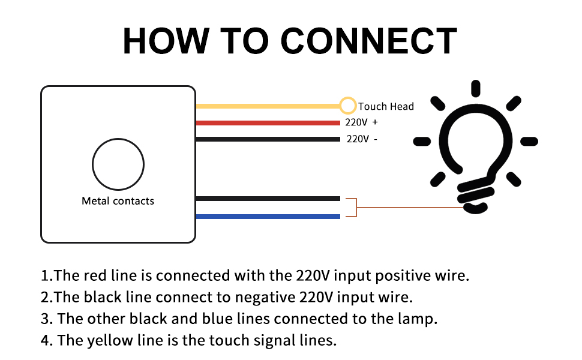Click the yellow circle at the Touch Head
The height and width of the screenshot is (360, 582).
pos(347,106)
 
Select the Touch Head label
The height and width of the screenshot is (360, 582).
pos(386,107)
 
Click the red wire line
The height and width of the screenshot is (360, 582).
pos(268,122)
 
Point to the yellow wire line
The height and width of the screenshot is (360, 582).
pos(268,106)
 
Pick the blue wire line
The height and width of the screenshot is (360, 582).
pos(268,217)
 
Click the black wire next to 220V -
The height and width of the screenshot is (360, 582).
pos(268,139)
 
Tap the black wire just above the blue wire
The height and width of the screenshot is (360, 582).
pos(268,199)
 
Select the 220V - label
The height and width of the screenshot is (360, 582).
pos(362,139)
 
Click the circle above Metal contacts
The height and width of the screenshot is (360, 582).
pos(118,164)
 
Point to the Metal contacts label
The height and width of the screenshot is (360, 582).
pos(118,201)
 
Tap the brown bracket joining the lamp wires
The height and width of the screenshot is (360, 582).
pos(355,208)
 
